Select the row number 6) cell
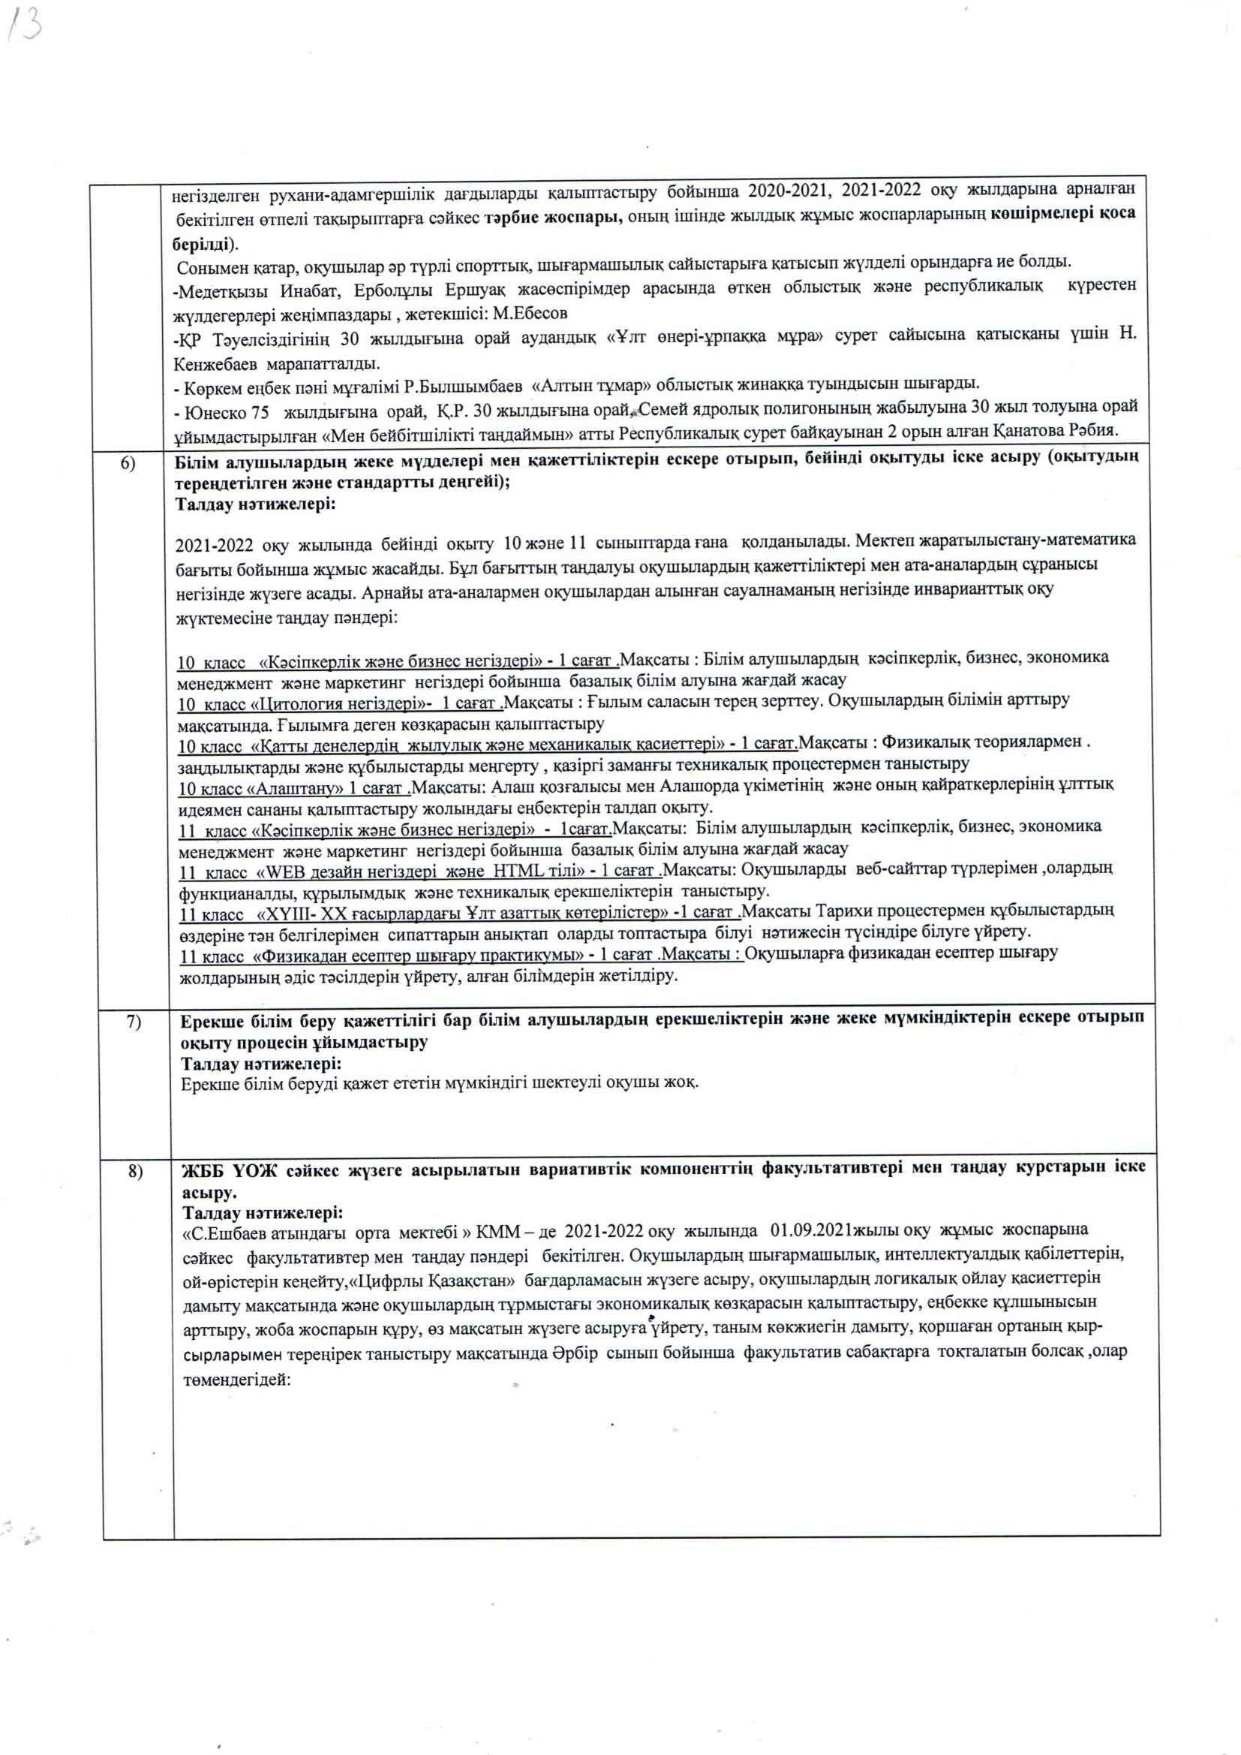[128, 463]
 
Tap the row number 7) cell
[133, 1022]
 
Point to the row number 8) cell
[134, 1171]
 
